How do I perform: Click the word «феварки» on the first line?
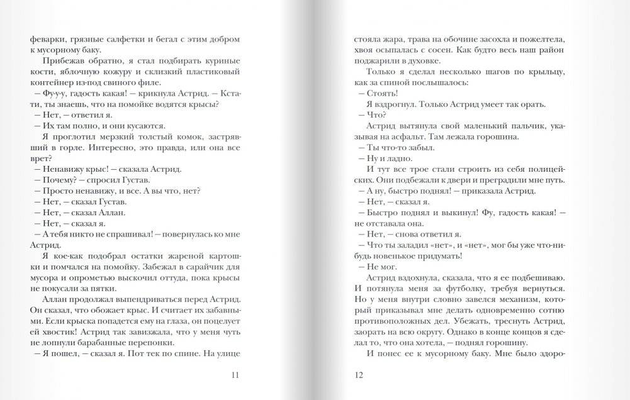(45, 39)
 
